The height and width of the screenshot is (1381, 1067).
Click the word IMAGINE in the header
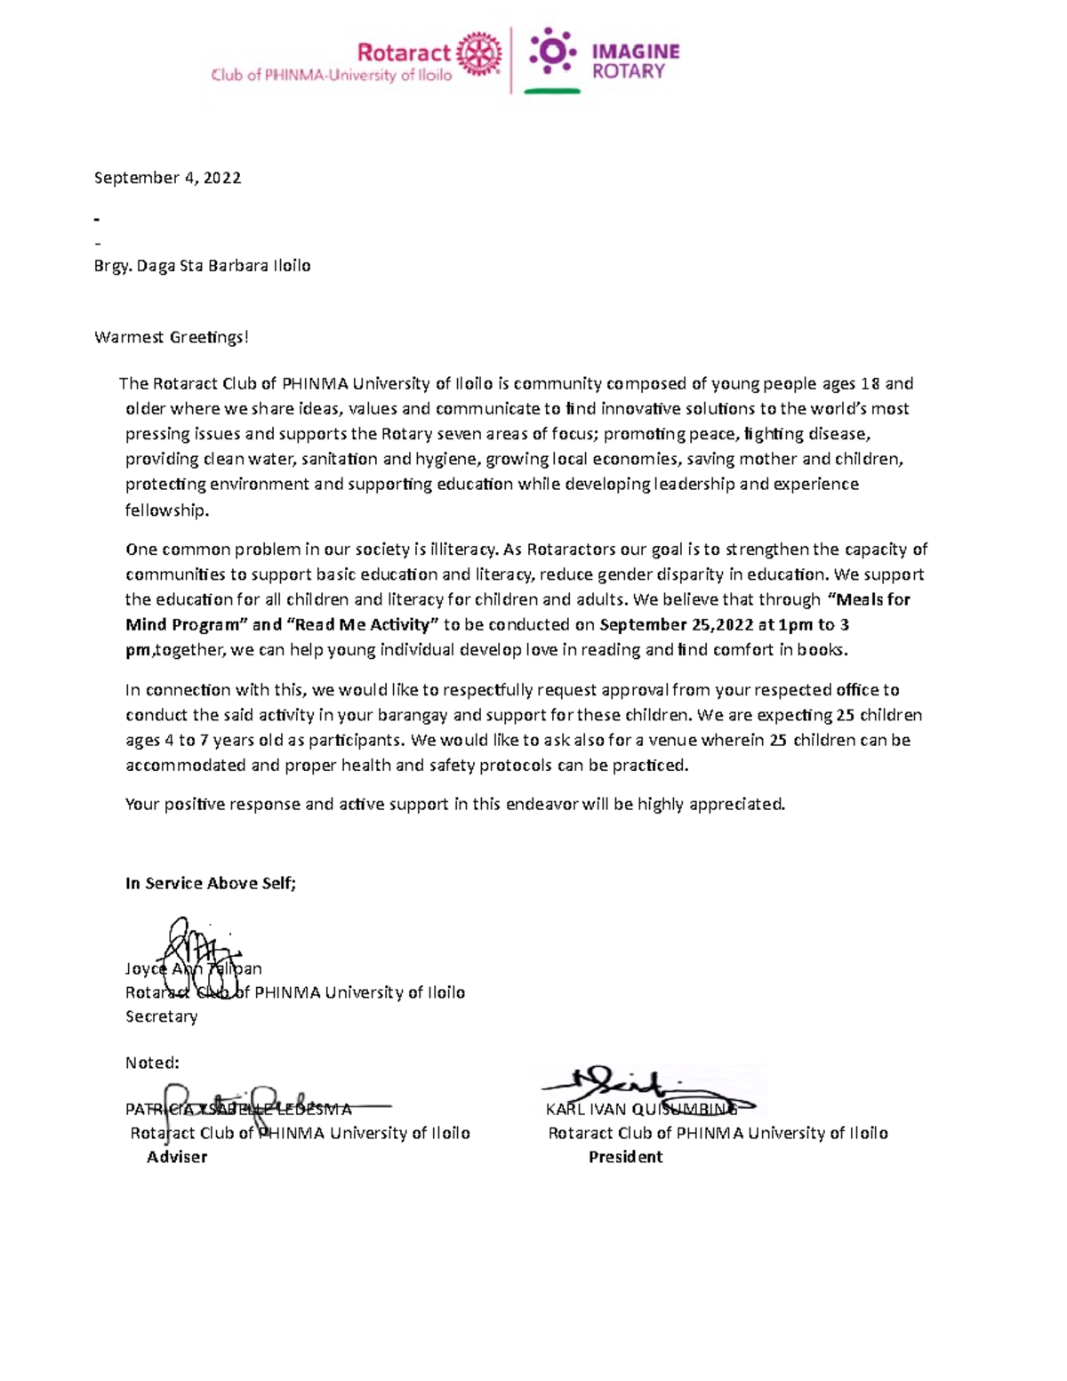(x=635, y=52)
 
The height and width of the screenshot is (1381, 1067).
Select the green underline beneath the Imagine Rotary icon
(x=551, y=91)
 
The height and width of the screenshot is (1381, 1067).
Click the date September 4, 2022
(x=167, y=178)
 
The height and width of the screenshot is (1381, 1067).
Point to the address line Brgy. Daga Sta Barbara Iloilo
(x=202, y=266)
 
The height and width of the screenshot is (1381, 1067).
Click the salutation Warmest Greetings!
(x=172, y=337)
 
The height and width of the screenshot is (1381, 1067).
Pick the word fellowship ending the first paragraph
(x=166, y=510)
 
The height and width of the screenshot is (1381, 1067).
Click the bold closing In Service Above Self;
(x=211, y=883)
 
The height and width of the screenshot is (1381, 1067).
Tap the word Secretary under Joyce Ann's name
(x=161, y=1016)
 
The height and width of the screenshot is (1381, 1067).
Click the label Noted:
(x=152, y=1063)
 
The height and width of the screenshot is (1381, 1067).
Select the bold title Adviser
(x=177, y=1157)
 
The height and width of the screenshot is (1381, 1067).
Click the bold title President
(x=625, y=1157)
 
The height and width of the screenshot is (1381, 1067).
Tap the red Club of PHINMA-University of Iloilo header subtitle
(x=331, y=76)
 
